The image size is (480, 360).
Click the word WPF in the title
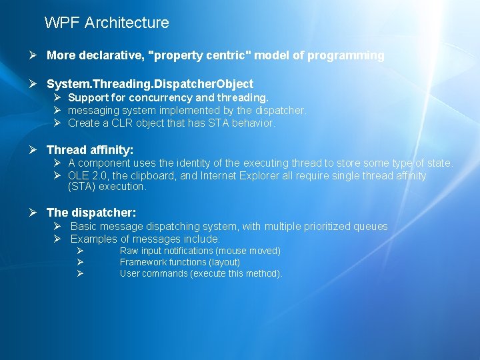click(x=62, y=23)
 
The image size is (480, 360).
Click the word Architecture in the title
click(x=127, y=23)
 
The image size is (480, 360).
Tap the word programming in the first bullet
click(x=345, y=56)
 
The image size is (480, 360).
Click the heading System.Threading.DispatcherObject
click(x=150, y=84)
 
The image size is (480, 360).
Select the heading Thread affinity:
click(x=90, y=150)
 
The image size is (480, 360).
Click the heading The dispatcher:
click(x=91, y=213)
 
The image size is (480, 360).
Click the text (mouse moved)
click(x=248, y=251)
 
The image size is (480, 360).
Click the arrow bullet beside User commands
click(x=80, y=273)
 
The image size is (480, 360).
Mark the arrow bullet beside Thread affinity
click(x=33, y=150)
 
